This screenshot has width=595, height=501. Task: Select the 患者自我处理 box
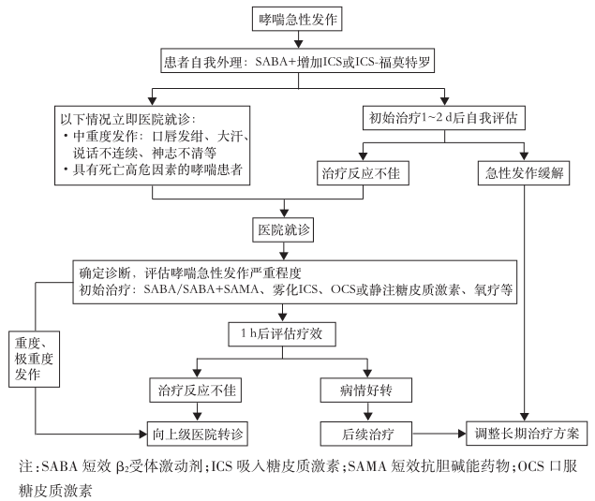(298, 64)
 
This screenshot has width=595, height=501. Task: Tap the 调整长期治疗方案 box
(527, 434)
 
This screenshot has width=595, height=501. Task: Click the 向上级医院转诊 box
(197, 434)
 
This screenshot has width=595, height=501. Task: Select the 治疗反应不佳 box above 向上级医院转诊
(196, 387)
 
